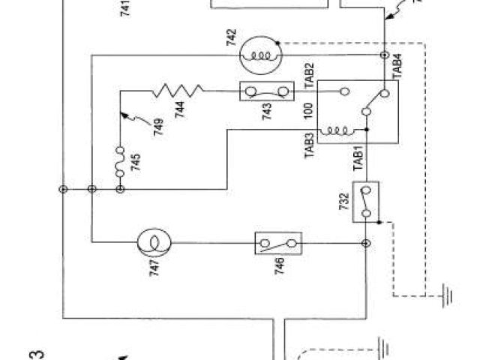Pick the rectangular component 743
click(x=266, y=91)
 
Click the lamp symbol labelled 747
click(x=154, y=242)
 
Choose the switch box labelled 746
click(x=277, y=243)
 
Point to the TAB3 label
click(x=309, y=139)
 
